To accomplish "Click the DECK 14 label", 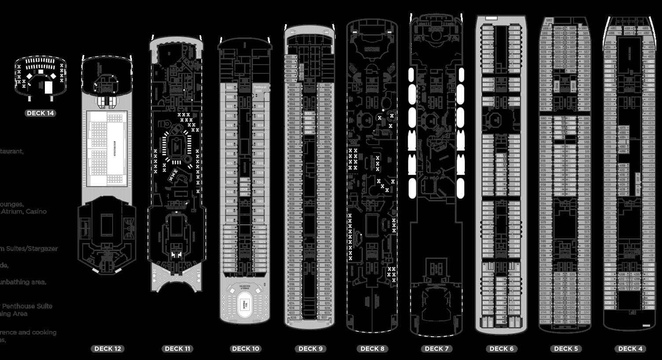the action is (40, 113).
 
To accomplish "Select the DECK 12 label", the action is (108, 349).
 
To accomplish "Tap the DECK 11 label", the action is (177, 349).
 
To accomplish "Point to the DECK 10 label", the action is (245, 349).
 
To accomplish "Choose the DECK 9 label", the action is (311, 349).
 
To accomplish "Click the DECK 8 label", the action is (372, 349).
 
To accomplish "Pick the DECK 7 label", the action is (437, 349).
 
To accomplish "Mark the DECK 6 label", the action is (501, 349).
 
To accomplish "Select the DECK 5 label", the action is (566, 349).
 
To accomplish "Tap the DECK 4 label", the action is (630, 349).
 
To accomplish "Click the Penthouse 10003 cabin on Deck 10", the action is (260, 89).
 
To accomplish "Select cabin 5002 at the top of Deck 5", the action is (549, 20).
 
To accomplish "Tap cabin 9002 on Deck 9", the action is (289, 57).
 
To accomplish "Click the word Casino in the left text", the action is (36, 211).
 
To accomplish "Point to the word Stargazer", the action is (43, 249).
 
